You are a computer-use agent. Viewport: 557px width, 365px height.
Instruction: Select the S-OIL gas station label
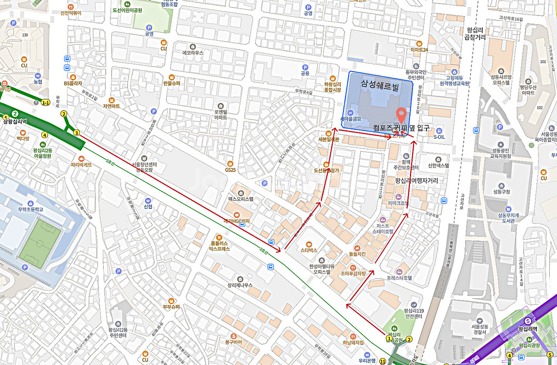[x=439, y=137]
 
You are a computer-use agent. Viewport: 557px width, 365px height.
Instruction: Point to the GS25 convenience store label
[x=230, y=169]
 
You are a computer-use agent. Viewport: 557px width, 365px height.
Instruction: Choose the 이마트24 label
[x=419, y=49]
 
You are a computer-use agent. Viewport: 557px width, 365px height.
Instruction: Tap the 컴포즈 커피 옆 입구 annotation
[x=401, y=127]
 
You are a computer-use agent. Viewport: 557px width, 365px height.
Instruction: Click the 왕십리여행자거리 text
[x=416, y=181]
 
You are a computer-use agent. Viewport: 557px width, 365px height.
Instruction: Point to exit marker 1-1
[x=46, y=103]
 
